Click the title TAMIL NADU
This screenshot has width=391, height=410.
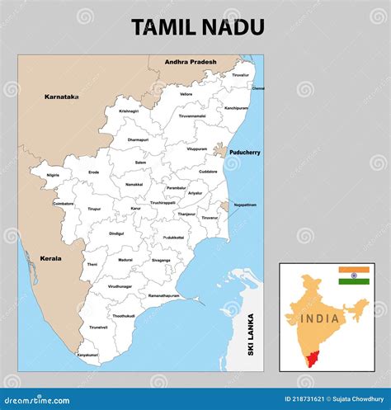tap(198, 27)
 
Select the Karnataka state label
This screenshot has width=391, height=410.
tap(62, 97)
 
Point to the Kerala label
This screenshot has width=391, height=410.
tap(50, 258)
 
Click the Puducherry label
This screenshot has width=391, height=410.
tap(244, 152)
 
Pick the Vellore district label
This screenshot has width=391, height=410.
tap(186, 94)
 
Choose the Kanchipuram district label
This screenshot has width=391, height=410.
tap(236, 108)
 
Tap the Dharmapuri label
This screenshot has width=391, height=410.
tap(139, 140)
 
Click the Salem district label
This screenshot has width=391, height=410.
tap(141, 163)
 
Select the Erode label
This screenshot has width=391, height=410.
tap(94, 172)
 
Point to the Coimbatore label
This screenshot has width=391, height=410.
tap(64, 203)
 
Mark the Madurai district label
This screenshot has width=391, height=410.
tap(125, 260)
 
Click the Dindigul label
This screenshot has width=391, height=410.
tap(116, 233)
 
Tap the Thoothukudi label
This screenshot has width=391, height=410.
tap(124, 316)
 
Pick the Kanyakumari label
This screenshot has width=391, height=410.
tap(87, 355)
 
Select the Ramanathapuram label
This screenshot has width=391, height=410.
tap(163, 295)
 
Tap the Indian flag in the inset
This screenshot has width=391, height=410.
tap(354, 276)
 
